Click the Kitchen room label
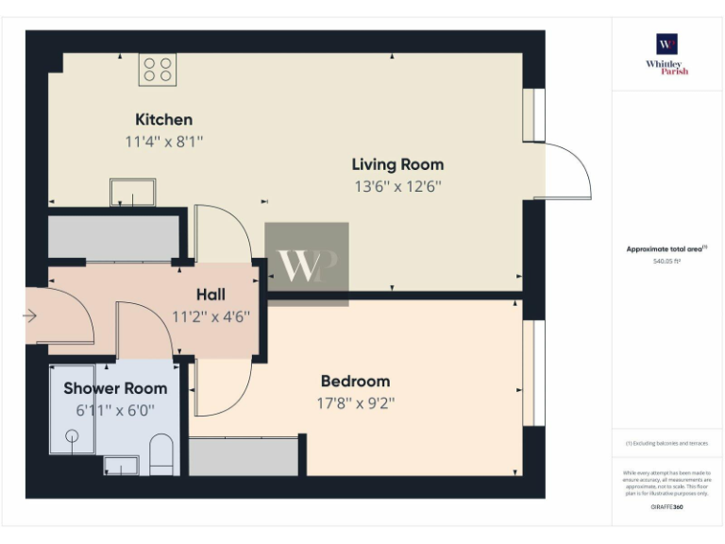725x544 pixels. (163, 119)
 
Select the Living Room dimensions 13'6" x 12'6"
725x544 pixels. (397, 187)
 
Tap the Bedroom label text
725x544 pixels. (355, 382)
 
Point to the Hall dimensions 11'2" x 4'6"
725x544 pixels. (210, 316)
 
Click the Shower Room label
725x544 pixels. (115, 388)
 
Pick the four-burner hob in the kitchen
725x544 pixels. (158, 69)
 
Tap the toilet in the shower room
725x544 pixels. (161, 453)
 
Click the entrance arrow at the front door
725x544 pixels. (30, 316)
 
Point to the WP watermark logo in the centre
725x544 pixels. (306, 264)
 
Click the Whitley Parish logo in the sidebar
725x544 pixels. (667, 53)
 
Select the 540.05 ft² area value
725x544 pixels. (666, 261)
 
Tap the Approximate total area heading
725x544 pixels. (666, 249)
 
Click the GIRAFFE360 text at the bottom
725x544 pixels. (666, 507)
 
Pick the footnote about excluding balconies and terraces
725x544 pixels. (666, 443)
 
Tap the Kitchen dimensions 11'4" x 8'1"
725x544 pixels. (163, 142)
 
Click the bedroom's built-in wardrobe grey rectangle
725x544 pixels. (244, 455)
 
